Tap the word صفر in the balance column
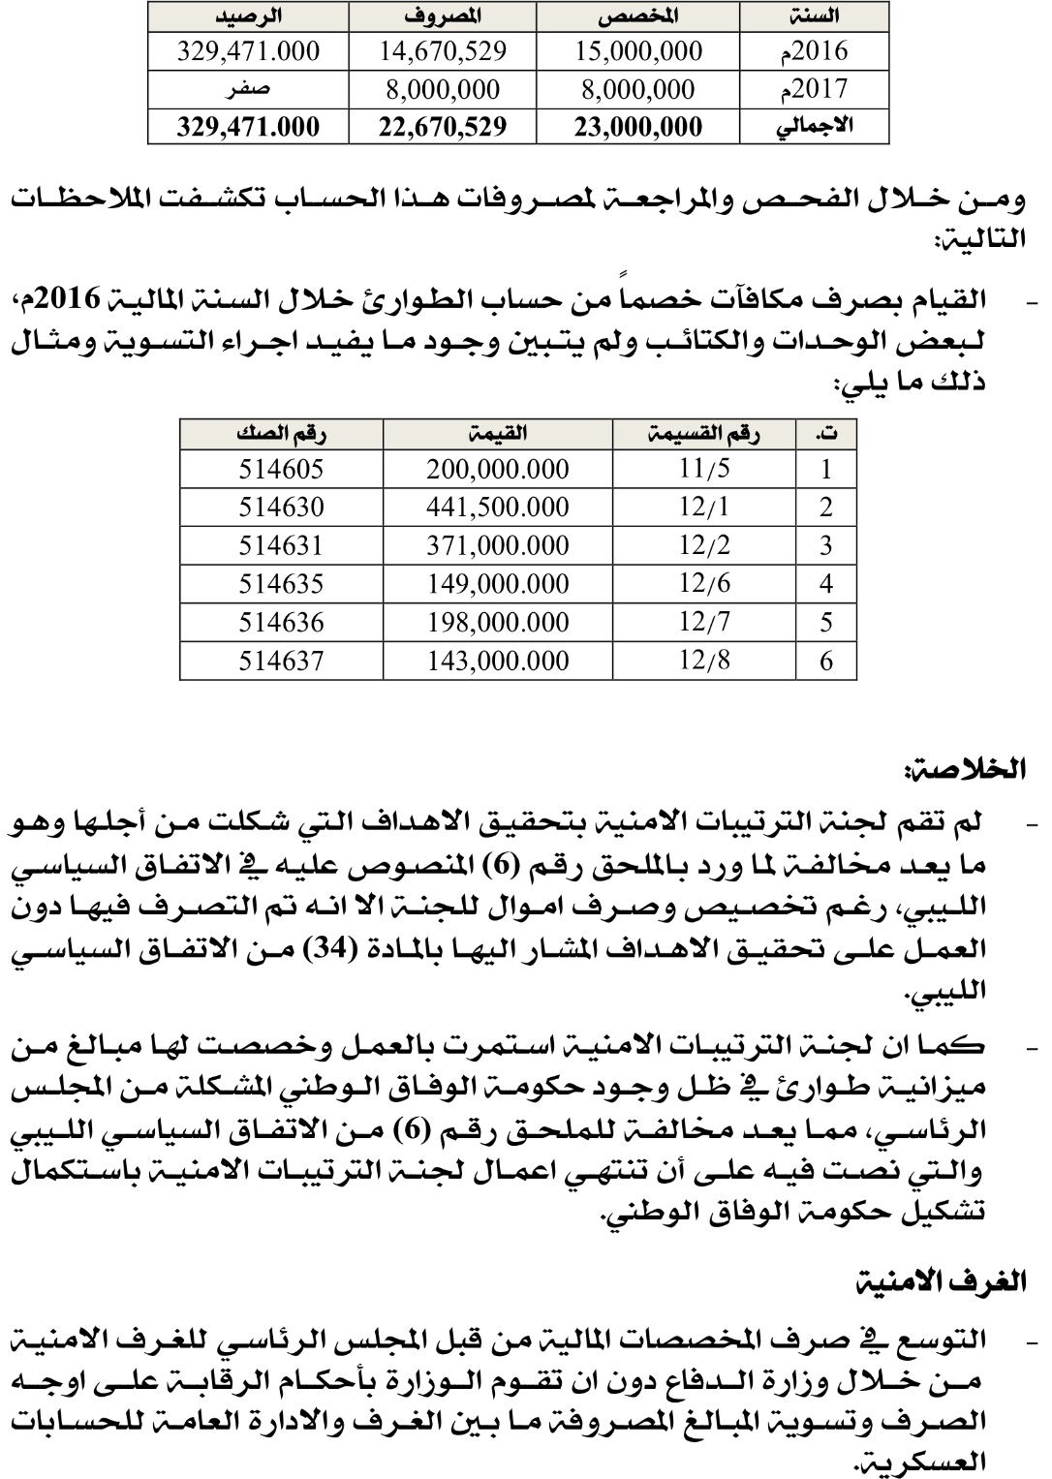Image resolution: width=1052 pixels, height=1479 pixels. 248,89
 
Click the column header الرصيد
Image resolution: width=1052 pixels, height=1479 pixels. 248,15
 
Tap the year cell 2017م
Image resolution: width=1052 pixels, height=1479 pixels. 814,89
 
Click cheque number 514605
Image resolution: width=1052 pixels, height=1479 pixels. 281,470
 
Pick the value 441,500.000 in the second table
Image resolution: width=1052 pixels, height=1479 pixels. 498,508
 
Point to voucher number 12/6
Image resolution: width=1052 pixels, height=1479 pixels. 704,584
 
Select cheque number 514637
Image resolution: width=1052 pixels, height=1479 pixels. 281,661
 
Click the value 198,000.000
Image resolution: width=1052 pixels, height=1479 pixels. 498,622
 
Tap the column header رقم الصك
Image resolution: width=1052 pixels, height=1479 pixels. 281,435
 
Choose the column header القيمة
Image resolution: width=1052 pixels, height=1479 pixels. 498,435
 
